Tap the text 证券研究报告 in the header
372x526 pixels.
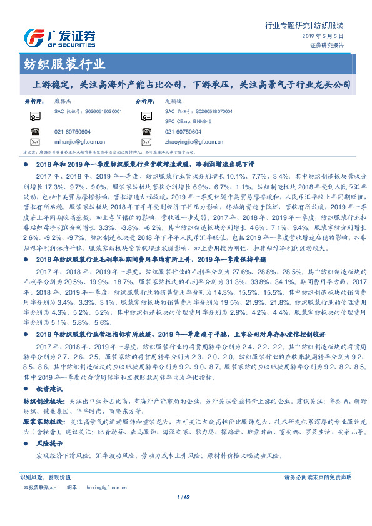click(x=326, y=46)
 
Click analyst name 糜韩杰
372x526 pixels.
click(x=63, y=100)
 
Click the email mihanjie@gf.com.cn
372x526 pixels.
click(x=79, y=142)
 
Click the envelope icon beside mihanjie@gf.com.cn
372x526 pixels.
click(x=35, y=142)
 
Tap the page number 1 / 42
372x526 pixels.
click(x=186, y=497)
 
